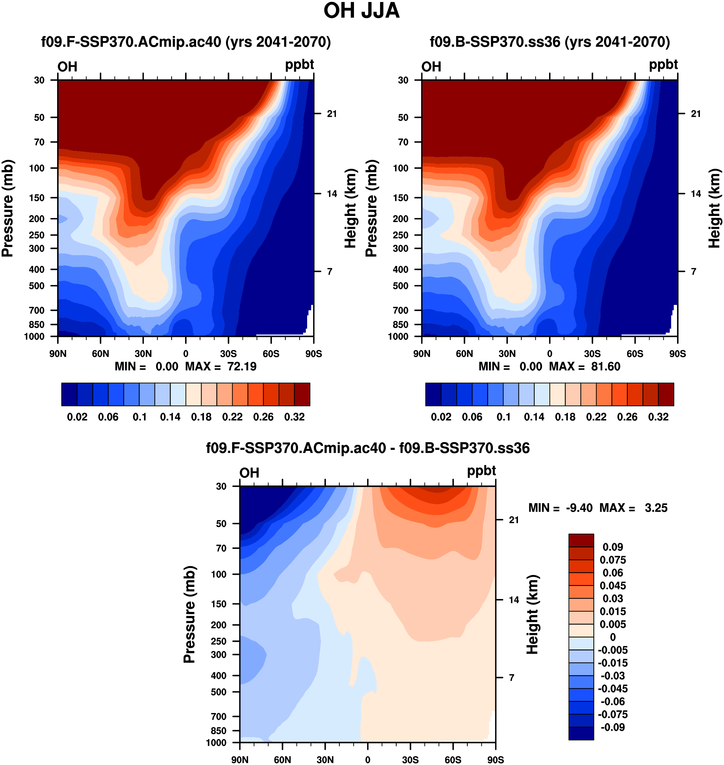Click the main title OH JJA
(361, 11)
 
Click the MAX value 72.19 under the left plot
(242, 366)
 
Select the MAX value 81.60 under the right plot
(606, 366)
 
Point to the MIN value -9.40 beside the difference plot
(579, 508)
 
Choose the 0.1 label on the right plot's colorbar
(503, 417)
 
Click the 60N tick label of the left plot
(100, 354)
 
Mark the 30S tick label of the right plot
(592, 354)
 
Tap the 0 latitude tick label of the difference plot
(367, 760)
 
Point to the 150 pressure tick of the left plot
(37, 198)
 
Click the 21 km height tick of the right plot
(695, 114)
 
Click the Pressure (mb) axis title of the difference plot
(189, 615)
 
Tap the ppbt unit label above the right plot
(663, 64)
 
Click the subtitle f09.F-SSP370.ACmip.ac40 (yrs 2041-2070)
(186, 42)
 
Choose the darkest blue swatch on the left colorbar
(69, 394)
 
